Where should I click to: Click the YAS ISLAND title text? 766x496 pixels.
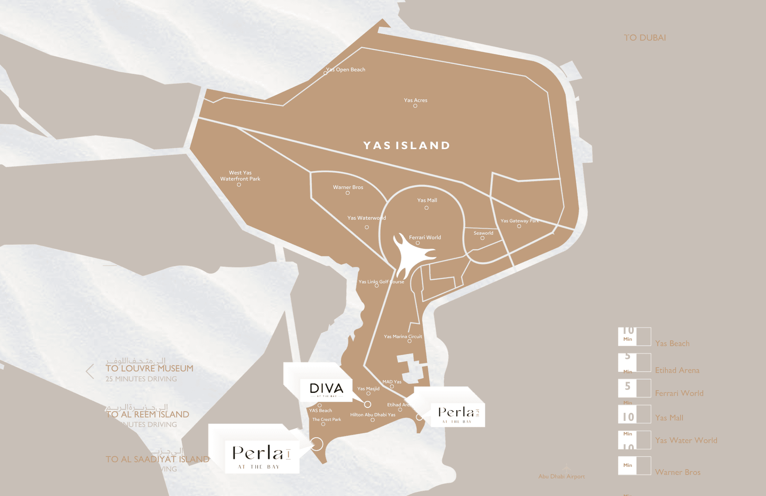pyautogui.click(x=406, y=146)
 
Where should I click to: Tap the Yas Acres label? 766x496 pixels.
pyautogui.click(x=416, y=100)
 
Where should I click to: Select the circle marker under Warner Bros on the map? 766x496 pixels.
pyautogui.click(x=348, y=193)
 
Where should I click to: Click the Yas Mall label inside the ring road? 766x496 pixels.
pyautogui.click(x=427, y=200)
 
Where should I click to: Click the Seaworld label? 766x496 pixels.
pyautogui.click(x=483, y=233)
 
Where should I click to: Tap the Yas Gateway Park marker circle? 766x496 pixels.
pyautogui.click(x=519, y=226)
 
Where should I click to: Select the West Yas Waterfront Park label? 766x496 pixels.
pyautogui.click(x=240, y=176)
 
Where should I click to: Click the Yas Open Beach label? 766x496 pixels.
pyautogui.click(x=346, y=69)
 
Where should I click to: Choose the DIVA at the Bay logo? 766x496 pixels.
pyautogui.click(x=326, y=389)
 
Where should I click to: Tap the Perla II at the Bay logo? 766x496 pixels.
pyautogui.click(x=458, y=414)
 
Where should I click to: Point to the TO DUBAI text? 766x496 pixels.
pyautogui.click(x=645, y=38)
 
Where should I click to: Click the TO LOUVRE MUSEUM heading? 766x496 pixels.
pyautogui.click(x=149, y=368)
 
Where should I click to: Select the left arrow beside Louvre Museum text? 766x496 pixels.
pyautogui.click(x=90, y=371)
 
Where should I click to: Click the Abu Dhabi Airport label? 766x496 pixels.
pyautogui.click(x=561, y=476)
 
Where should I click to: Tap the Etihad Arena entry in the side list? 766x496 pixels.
pyautogui.click(x=677, y=370)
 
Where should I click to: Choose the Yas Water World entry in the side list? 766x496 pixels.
pyautogui.click(x=686, y=440)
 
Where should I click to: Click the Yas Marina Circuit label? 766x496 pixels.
pyautogui.click(x=403, y=337)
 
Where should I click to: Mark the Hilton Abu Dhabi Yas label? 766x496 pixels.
pyautogui.click(x=373, y=415)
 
